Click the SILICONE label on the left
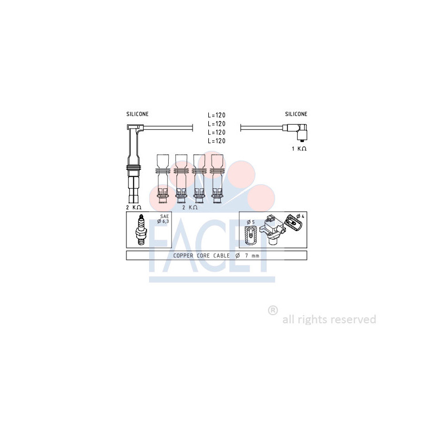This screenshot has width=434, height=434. (x=137, y=114)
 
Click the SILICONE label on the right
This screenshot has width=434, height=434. (x=296, y=114)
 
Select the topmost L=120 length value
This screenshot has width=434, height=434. (x=216, y=115)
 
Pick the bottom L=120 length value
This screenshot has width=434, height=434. (x=216, y=141)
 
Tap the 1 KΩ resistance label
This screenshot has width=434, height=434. (x=299, y=149)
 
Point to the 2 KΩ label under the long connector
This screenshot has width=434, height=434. (x=133, y=207)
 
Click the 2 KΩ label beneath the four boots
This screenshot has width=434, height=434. (x=190, y=207)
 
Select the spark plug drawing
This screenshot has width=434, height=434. (x=141, y=229)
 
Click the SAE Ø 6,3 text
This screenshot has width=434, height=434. (x=163, y=219)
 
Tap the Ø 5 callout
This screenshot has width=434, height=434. (x=251, y=222)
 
